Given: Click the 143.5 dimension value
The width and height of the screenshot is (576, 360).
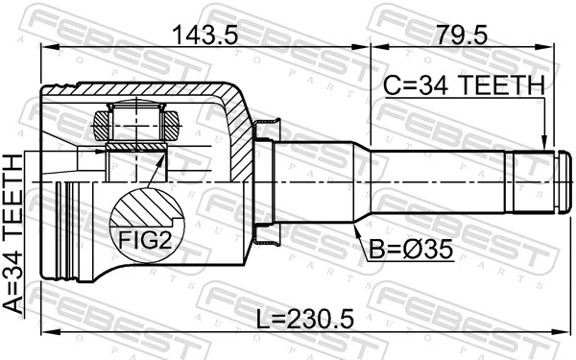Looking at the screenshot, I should point(204,36).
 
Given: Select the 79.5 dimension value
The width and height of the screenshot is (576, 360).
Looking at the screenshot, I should point(462,36).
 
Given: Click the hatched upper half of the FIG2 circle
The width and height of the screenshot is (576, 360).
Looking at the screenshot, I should point(146,206).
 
